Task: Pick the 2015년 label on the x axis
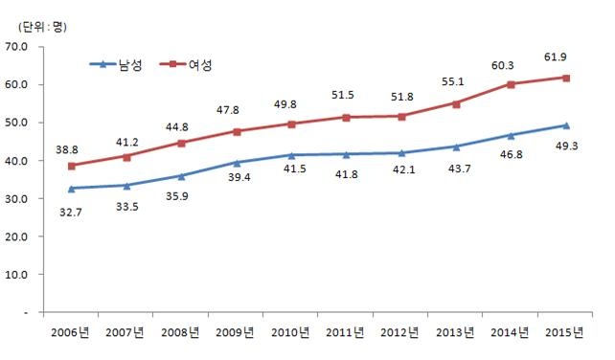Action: (x=566, y=333)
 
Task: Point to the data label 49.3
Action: (x=566, y=146)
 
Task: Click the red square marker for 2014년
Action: (x=512, y=84)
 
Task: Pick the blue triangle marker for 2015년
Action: (x=566, y=125)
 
